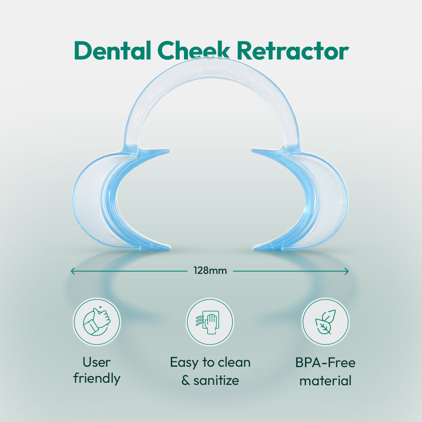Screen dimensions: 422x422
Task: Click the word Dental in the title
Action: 112,51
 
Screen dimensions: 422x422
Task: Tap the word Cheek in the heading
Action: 194,51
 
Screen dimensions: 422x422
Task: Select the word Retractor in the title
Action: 293,51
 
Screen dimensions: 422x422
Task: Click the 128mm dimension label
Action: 210,271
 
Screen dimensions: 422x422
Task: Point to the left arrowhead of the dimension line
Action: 72,271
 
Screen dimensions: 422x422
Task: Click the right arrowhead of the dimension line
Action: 346,271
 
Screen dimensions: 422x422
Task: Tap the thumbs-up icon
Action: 97,322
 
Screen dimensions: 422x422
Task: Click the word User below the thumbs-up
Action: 97,362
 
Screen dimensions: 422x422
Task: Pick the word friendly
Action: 97,378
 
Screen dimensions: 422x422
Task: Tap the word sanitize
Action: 216,381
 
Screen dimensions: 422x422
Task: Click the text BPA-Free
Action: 325,362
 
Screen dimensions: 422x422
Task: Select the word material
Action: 325,381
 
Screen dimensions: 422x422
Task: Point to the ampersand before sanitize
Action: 185,381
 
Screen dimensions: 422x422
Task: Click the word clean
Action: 234,362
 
